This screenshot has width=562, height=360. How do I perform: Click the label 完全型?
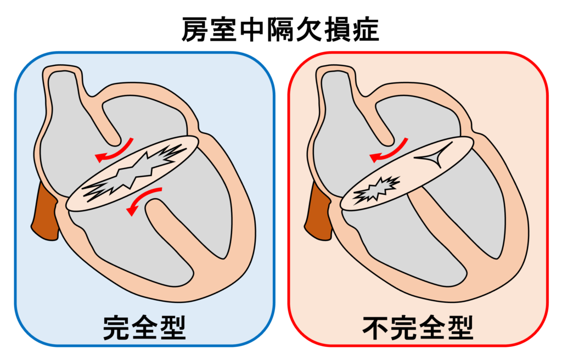point(144,328)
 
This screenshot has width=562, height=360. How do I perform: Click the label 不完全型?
point(418,328)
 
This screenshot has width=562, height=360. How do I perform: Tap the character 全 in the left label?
point(144,328)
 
